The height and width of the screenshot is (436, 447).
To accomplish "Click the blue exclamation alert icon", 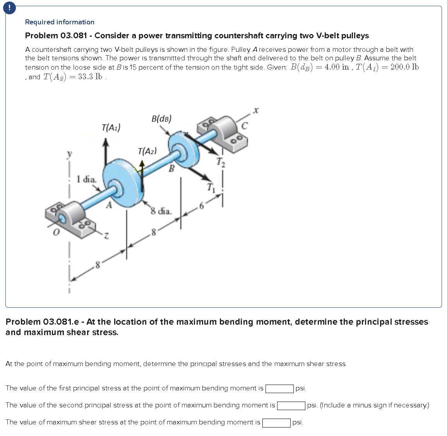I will click(x=9, y=8).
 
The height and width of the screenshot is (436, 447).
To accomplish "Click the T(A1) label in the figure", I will click(x=111, y=127).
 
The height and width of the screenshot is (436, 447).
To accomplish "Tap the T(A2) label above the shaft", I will click(x=147, y=151).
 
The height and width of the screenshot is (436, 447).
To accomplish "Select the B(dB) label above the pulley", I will click(x=161, y=119).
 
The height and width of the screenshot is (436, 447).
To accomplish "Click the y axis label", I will click(x=69, y=154).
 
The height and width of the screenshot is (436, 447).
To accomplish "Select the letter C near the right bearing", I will click(x=244, y=126).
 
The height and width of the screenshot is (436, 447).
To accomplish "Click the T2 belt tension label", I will click(x=220, y=162).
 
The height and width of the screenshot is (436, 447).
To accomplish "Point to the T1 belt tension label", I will click(x=210, y=187).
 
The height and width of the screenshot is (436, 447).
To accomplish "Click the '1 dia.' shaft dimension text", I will click(x=86, y=179).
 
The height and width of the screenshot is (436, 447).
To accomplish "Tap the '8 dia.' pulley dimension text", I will click(x=161, y=211).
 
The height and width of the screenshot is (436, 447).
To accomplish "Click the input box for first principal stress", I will click(x=279, y=388).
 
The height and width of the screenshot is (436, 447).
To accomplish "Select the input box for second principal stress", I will click(x=291, y=405).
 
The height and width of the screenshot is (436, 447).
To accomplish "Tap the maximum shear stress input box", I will click(x=276, y=422).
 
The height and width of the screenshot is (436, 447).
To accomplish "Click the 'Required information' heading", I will click(x=60, y=22).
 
